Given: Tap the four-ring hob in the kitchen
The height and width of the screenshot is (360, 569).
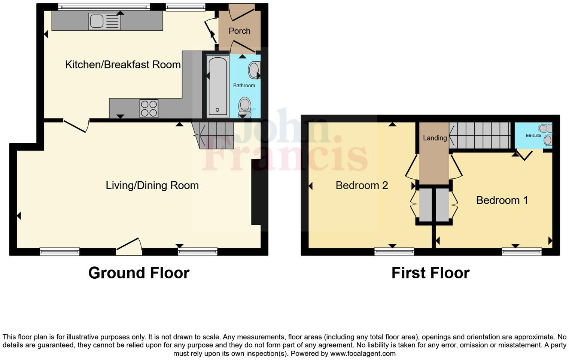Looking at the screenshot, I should click(149, 108).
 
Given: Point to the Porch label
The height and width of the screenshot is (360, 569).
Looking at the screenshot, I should click(239, 31).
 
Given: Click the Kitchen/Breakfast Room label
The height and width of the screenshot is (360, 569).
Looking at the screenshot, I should click(123, 64).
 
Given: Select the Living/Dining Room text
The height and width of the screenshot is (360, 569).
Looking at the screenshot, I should click(152, 185).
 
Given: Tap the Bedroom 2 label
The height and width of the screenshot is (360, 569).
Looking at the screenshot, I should click(362, 185).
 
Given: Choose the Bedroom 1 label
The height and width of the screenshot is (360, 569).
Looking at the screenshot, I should click(502, 200).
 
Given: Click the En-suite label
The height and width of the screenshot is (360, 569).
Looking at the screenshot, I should click(533, 136).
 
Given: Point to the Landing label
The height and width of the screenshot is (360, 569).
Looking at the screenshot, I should click(435, 138).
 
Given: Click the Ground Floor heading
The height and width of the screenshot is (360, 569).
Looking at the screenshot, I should click(139, 273).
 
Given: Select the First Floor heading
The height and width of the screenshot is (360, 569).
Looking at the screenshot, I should click(430, 273).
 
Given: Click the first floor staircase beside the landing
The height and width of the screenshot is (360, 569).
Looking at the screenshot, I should click(480, 135).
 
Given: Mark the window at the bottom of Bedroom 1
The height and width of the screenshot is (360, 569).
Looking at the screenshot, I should click(521, 252).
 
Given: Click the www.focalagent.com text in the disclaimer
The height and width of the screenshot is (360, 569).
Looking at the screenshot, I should click(363, 353).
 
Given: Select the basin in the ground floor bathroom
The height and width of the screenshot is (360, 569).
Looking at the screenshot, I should click(254, 70).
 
